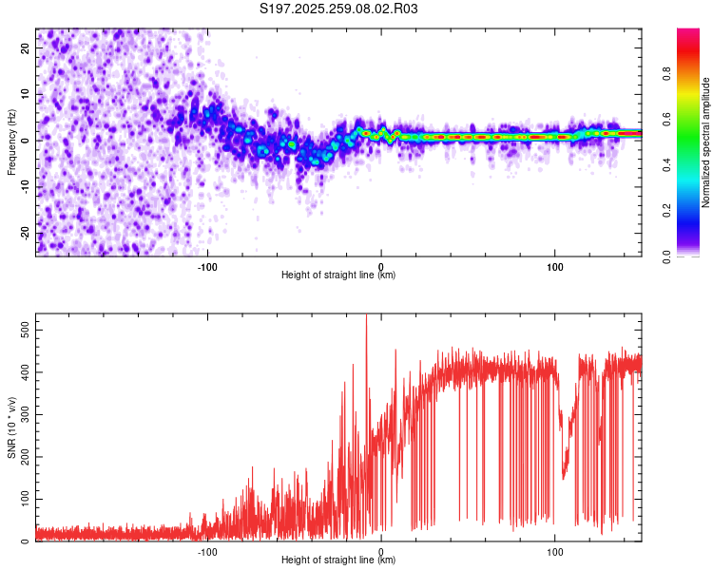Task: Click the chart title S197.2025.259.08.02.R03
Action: coord(339,9)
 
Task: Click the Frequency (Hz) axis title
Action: coord(11,142)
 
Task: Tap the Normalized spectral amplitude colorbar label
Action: coord(706,142)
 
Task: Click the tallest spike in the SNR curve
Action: coord(367,317)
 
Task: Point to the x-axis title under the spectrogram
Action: coord(338,275)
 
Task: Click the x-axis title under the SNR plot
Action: coord(338,560)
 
